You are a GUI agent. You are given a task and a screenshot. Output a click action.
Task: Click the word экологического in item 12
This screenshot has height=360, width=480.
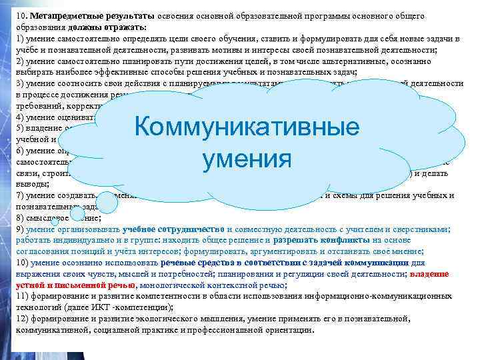[x=191, y=319]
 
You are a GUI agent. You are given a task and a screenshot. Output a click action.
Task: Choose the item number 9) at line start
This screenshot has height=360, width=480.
[x=20, y=229]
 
